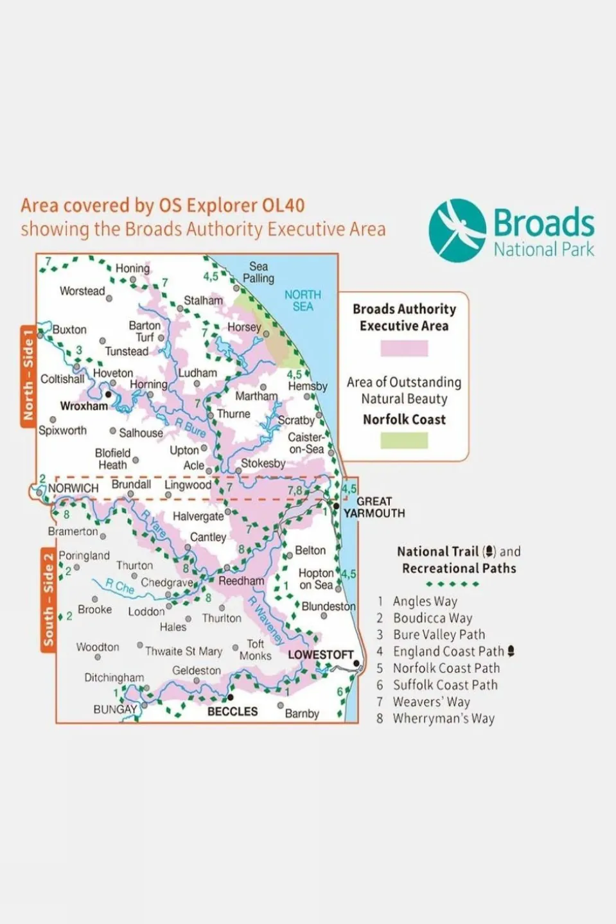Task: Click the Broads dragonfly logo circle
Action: tap(457, 231)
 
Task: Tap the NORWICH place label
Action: tap(73, 488)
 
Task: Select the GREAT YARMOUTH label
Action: tap(374, 507)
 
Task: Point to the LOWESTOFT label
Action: tap(321, 654)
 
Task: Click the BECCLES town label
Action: tap(232, 711)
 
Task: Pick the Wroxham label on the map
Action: tap(84, 406)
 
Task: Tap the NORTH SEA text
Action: tap(303, 301)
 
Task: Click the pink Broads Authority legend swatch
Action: tap(404, 348)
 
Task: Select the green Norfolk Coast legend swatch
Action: tap(404, 440)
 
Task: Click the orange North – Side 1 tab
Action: tap(28, 375)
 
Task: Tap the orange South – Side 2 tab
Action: tap(48, 600)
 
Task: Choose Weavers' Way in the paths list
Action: tap(431, 702)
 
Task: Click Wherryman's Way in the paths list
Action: tap(443, 719)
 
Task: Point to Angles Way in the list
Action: tap(425, 602)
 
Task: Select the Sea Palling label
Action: tap(258, 272)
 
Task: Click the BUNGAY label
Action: tap(115, 710)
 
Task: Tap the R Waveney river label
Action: tap(267, 620)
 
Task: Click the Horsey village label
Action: tap(244, 327)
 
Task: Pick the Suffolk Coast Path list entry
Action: tap(445, 685)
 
